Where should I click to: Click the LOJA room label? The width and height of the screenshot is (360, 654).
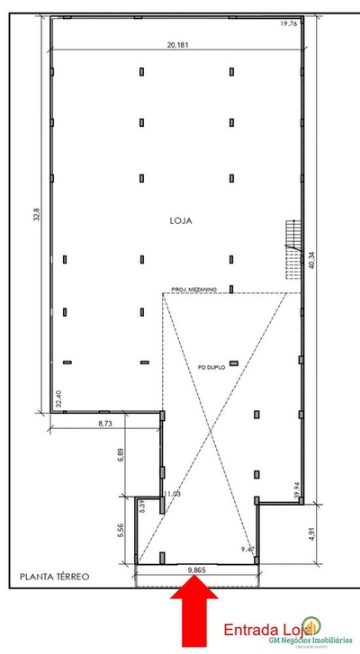coord(180,219)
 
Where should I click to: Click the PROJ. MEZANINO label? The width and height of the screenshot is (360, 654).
coord(193,289)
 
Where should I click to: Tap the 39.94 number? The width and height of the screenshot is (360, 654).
coord(299,486)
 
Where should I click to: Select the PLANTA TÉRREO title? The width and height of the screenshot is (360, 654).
coord(56,578)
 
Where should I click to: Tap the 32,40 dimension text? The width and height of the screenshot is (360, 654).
coord(59,399)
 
